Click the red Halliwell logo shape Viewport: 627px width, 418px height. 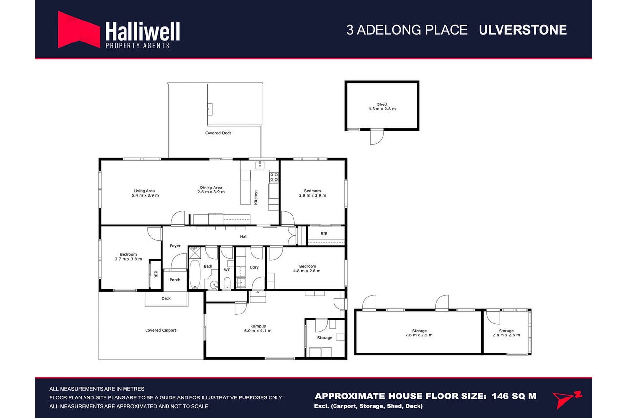79,30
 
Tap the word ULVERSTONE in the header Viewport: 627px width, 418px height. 522,30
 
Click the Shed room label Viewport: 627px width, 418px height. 382,104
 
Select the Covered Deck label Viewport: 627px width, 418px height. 218,133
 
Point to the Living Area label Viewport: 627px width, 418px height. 144,191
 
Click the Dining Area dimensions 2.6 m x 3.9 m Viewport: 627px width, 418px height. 211,192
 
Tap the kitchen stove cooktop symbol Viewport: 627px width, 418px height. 274,177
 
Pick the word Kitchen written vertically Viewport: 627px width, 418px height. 256,197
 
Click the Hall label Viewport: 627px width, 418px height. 244,237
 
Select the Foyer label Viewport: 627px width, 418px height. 175,246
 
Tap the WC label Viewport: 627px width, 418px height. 227,270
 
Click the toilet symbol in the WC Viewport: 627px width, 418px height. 227,283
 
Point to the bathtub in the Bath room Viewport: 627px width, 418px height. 195,274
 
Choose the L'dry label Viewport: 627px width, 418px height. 254,267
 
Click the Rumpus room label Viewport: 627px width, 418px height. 258,326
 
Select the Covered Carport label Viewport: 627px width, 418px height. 161,330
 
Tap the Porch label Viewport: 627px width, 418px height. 175,280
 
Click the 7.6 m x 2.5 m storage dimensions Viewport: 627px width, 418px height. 419,335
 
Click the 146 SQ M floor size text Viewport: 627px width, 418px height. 514,396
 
